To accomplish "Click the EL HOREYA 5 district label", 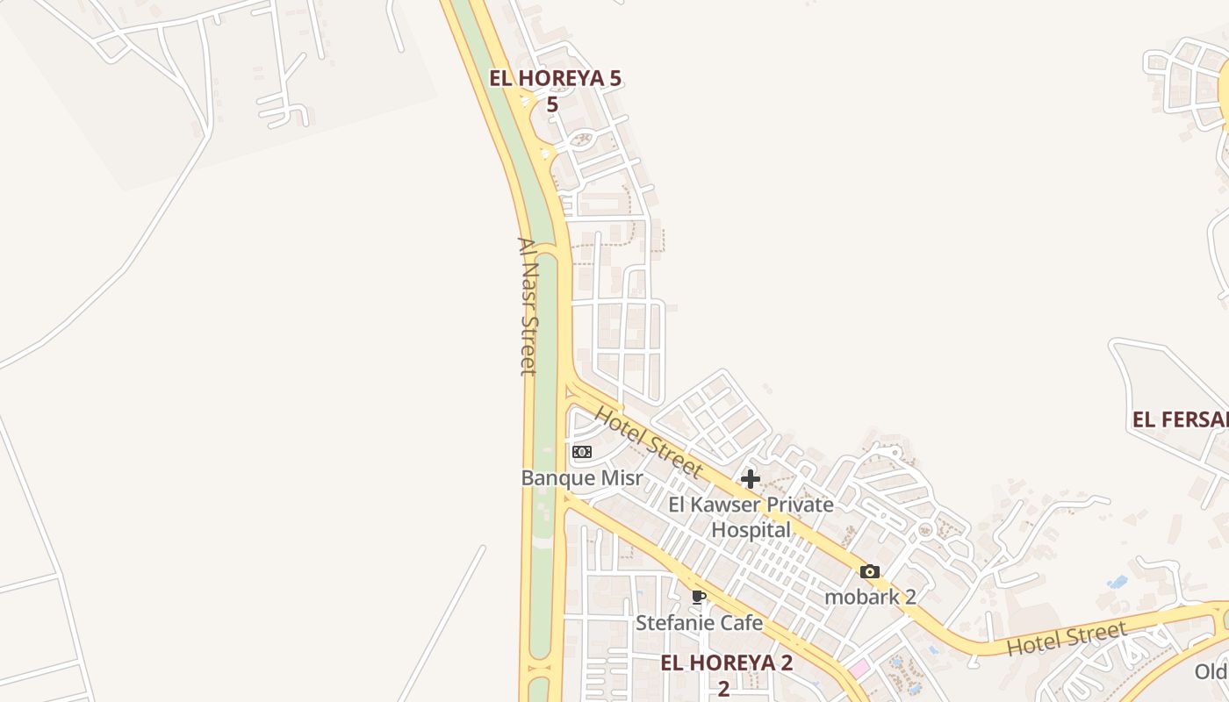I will pos(555,78).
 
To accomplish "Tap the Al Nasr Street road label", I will pos(527,306).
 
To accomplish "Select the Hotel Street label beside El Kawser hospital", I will pos(649,441).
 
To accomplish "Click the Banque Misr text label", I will pos(582,478).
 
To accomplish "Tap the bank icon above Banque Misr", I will pos(582,452).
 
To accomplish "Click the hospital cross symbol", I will pos(751,479).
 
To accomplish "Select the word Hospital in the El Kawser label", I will pos(751,529).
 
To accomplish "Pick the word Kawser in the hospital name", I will pos(731,505).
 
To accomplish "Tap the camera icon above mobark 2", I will pos(870,572).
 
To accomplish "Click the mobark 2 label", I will pos(870,597).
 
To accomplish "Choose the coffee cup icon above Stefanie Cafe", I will pos(699,598).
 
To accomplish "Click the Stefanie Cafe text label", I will pos(699,623).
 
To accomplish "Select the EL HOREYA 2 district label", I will pos(726,663).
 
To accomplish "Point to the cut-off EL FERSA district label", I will pos(1180,419).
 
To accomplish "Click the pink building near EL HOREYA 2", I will pos(859,669).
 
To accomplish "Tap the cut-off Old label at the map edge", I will pos(1211,672).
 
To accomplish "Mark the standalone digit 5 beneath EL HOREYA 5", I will pos(552,104).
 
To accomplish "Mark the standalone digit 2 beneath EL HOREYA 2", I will pos(723,688).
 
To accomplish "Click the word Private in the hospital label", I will pos(800,505).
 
